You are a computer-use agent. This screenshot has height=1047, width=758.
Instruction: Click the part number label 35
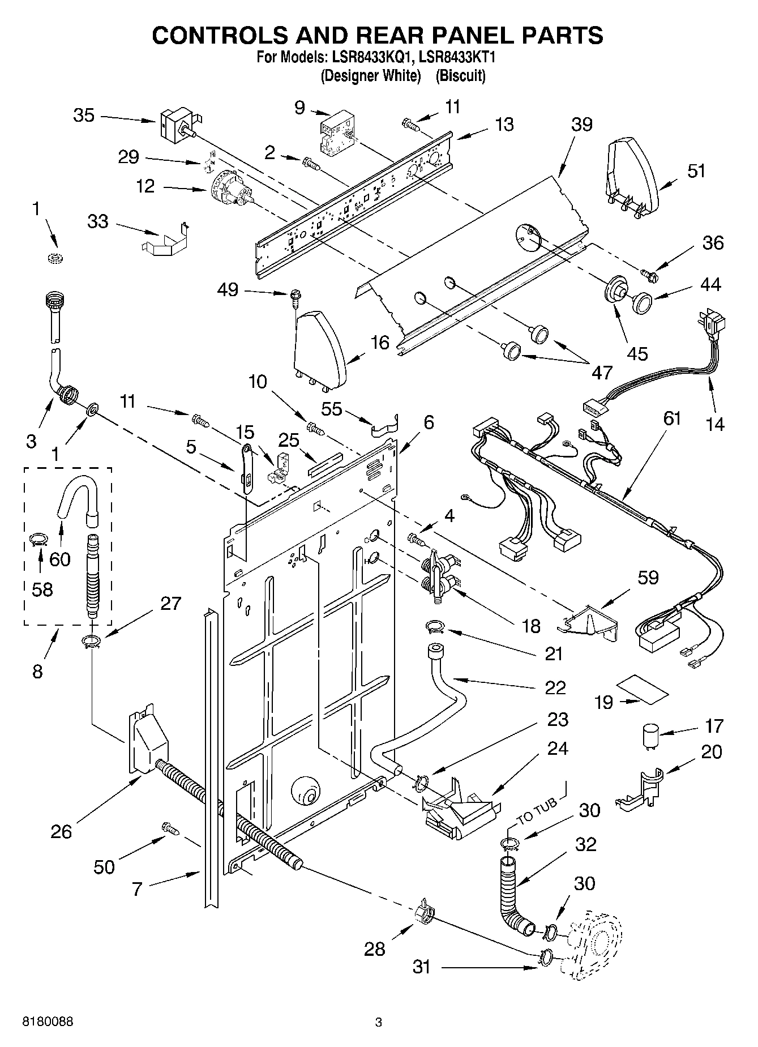84,116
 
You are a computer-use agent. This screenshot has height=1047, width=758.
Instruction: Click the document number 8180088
48,1022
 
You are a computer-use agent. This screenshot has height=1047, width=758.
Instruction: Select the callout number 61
672,418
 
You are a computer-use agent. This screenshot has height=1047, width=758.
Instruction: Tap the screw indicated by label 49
294,296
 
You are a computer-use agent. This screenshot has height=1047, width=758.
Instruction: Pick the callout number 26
61,831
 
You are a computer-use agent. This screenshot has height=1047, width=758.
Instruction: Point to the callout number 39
581,124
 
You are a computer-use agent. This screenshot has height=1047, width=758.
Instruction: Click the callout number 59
648,577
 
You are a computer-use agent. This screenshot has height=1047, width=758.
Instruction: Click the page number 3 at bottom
379,1022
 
